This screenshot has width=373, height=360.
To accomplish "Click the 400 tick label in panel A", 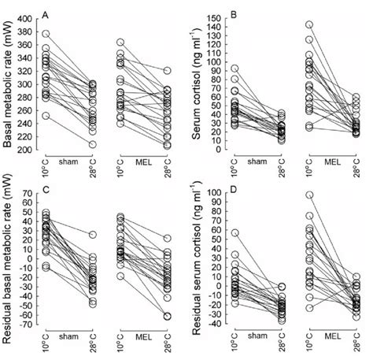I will (26, 18).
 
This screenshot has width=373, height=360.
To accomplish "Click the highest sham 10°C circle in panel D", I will (235, 233).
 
